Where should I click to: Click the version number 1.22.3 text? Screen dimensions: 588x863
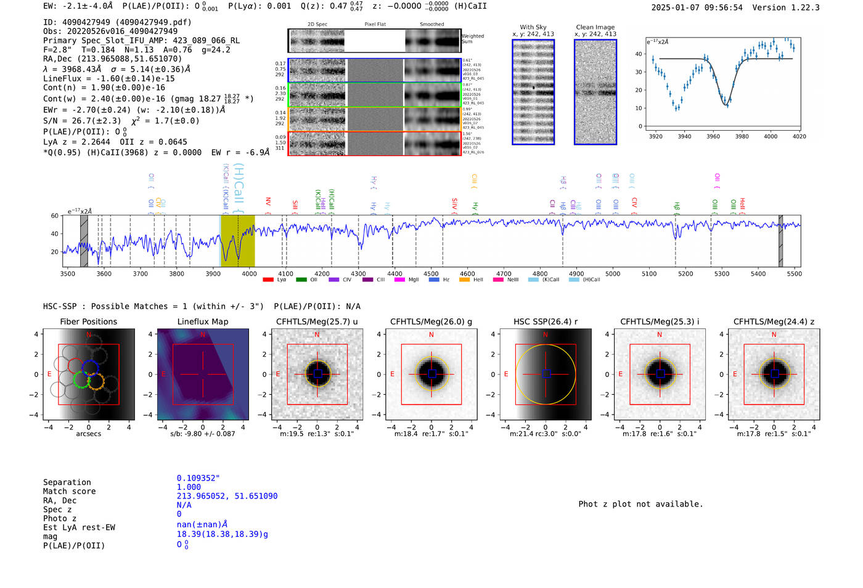pos(800,7)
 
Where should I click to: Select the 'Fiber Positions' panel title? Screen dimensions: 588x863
pos(88,321)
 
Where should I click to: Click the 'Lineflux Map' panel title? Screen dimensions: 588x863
pos(202,321)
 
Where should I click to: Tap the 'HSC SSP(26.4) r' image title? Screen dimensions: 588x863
pos(545,321)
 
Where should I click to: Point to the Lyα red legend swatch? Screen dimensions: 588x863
pos(268,280)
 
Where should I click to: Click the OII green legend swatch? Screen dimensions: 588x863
pos(301,280)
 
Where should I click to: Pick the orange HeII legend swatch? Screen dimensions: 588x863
pos(464,280)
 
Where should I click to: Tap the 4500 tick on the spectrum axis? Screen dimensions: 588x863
pos(431,273)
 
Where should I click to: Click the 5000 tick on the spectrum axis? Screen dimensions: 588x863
pos(613,273)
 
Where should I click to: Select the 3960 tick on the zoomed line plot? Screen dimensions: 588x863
pos(713,136)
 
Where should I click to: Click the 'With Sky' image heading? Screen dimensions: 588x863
pos(533,27)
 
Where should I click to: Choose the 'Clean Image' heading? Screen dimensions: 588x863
pos(595,27)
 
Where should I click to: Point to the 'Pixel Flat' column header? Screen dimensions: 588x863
pos(375,24)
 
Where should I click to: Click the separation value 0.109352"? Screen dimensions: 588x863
pos(198,478)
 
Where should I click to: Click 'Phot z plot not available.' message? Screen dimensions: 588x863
pos(640,504)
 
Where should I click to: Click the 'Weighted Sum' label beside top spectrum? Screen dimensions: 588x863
pos(472,38)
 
